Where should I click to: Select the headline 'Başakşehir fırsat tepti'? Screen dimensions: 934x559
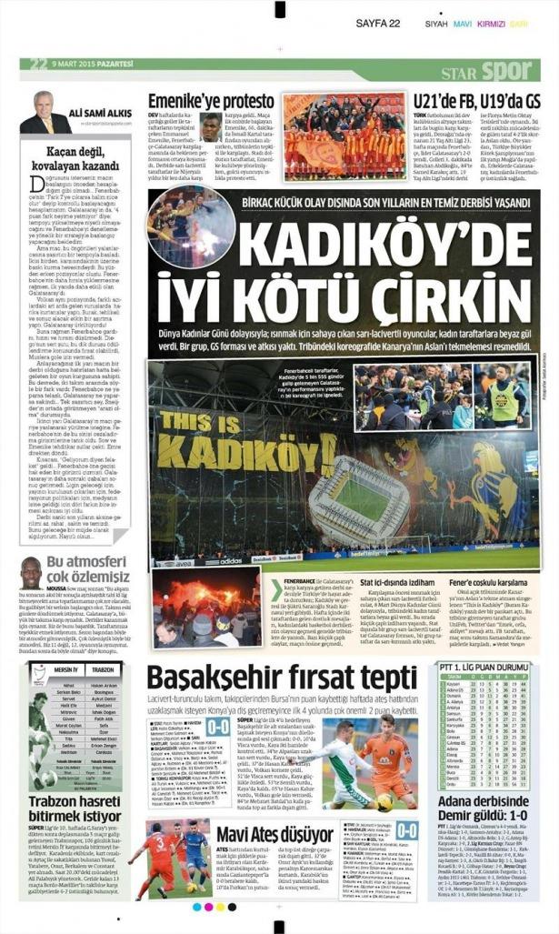[283, 677]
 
